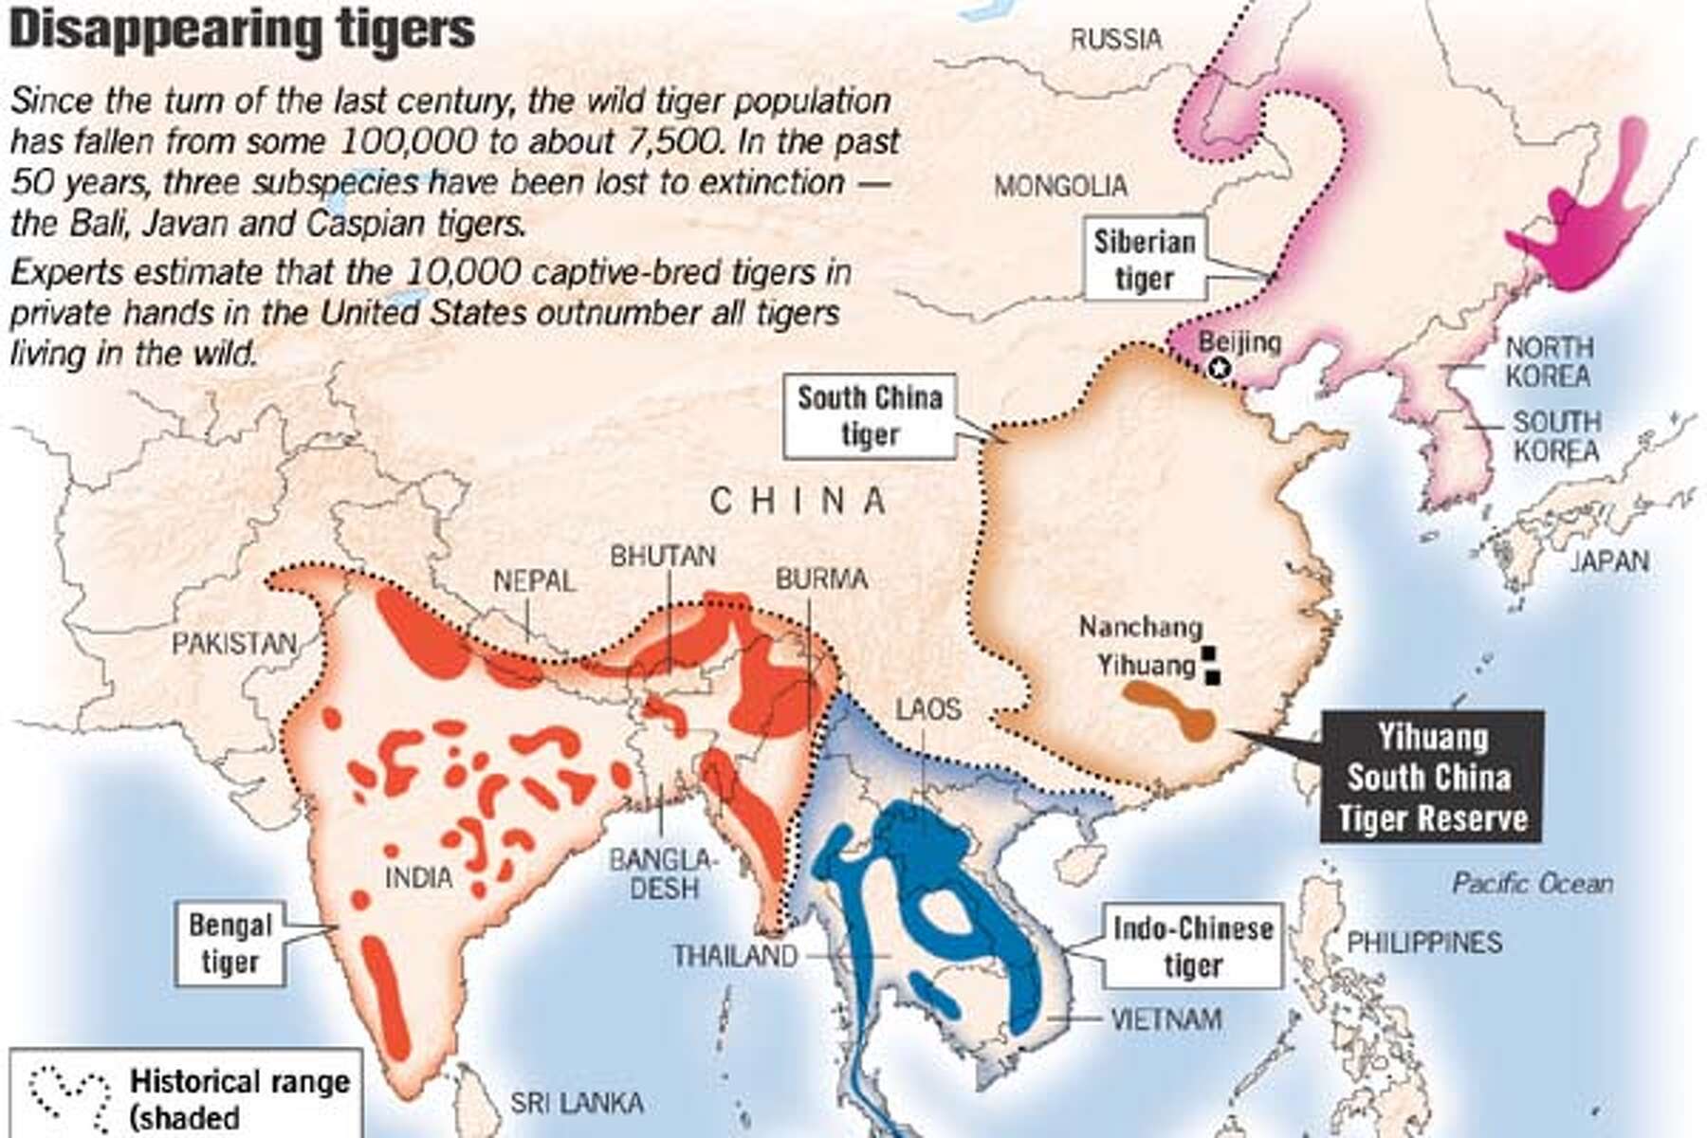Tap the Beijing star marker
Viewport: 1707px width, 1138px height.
click(x=1220, y=369)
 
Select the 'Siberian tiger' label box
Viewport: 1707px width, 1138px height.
click(x=1144, y=260)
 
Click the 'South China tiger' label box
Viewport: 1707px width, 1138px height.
click(x=869, y=415)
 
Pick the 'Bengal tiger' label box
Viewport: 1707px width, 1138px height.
click(x=230, y=943)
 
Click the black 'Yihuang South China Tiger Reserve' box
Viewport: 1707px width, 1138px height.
click(x=1430, y=778)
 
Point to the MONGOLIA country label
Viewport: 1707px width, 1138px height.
click(x=1060, y=187)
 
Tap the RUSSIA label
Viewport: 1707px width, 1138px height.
click(x=1115, y=39)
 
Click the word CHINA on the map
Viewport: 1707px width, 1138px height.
click(x=798, y=501)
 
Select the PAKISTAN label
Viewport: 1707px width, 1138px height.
click(x=233, y=643)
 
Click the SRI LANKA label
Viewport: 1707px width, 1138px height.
click(x=577, y=1103)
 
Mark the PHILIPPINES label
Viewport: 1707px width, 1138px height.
click(x=1424, y=942)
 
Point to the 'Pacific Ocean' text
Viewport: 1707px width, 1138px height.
click(x=1532, y=884)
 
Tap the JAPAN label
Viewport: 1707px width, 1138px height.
click(x=1609, y=561)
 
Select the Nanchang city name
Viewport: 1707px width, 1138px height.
click(x=1140, y=627)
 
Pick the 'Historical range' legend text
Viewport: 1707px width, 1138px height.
click(x=239, y=1081)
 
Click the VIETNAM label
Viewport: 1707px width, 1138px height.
click(x=1166, y=1019)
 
